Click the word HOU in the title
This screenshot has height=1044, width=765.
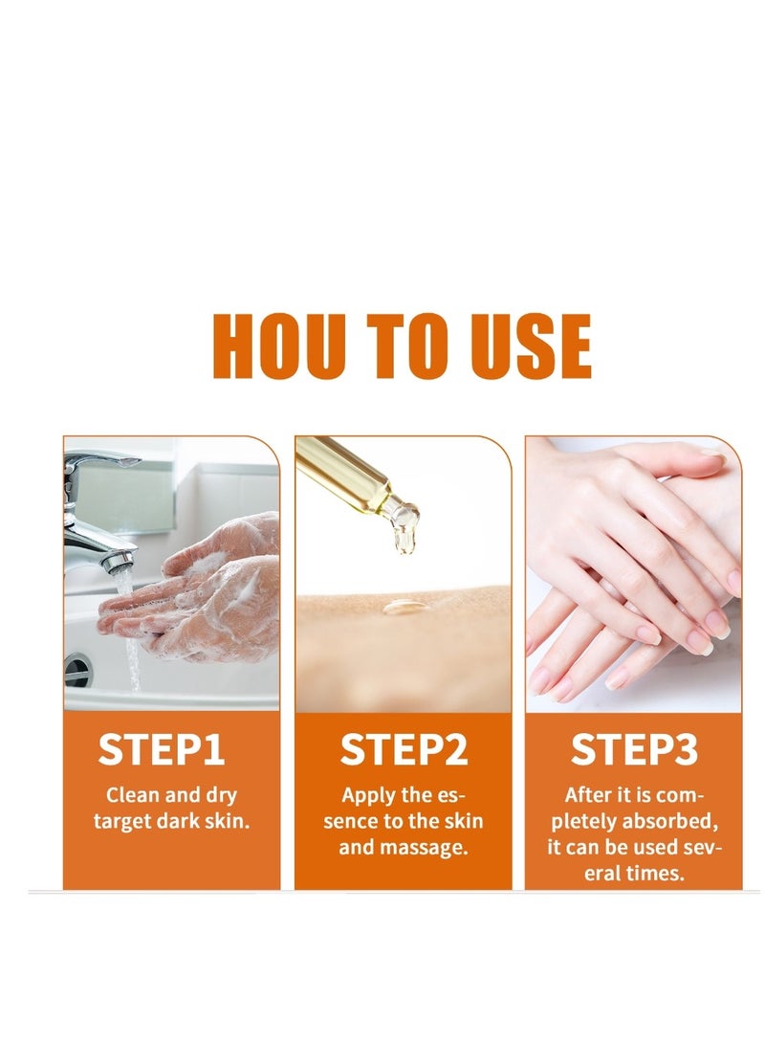(278, 345)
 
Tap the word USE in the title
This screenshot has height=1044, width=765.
(530, 345)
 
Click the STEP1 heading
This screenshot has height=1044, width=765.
(161, 749)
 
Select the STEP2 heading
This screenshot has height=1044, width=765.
(404, 749)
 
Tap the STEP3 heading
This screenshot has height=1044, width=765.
(634, 749)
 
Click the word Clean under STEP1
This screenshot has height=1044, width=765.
(132, 794)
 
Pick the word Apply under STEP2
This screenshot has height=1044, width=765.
(366, 796)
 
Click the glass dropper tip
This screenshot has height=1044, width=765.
(404, 536)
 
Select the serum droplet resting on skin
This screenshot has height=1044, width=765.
(405, 606)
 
